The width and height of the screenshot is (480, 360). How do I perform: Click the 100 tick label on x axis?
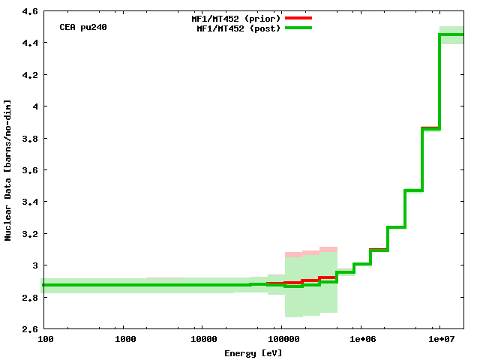(x=45, y=340)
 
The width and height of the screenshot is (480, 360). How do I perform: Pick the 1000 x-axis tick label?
(x=125, y=340)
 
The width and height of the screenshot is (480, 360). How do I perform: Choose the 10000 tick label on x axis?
(x=202, y=340)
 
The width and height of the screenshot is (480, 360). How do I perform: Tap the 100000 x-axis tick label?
(x=281, y=340)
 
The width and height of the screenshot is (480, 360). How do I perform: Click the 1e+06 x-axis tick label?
(x=361, y=340)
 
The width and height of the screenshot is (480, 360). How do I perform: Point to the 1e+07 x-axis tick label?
(x=439, y=340)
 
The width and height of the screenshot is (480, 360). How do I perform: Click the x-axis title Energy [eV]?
(x=253, y=353)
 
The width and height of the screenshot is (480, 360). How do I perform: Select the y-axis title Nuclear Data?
(x=8, y=170)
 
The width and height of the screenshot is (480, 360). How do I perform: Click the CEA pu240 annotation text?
(x=82, y=27)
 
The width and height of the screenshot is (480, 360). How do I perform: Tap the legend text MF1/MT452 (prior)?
(x=236, y=18)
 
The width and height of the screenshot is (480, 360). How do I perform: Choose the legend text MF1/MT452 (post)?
(x=238, y=28)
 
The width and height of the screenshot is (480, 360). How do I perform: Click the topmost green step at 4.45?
(x=451, y=34)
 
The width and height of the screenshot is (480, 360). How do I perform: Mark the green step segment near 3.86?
(x=431, y=128)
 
